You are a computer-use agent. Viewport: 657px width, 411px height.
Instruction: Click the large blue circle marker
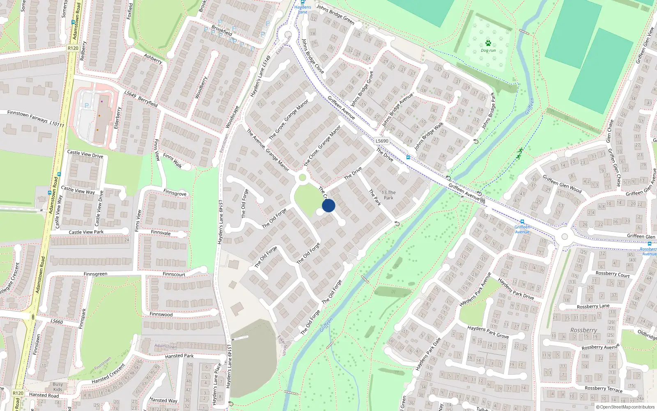328,205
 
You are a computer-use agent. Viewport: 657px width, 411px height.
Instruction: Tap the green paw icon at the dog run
488,43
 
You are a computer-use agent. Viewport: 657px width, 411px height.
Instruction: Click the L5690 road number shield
382,141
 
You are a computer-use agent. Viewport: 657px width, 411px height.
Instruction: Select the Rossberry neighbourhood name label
583,330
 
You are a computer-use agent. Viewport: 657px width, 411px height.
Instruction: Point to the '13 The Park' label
388,195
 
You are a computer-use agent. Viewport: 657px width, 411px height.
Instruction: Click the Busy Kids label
58,387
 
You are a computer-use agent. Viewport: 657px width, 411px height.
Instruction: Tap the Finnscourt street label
174,274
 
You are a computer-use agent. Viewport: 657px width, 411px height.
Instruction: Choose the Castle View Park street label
86,232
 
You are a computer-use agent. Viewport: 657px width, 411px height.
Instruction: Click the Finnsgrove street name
175,193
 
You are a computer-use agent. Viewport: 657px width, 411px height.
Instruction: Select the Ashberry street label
153,59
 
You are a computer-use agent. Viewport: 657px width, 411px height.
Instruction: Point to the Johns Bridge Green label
335,14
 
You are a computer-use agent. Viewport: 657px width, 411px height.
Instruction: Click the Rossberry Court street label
612,274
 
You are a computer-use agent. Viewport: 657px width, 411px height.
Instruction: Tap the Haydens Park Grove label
488,332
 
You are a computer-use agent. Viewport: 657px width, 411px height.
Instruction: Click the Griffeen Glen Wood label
562,184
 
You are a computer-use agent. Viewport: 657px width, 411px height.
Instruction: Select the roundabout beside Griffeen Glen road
565,237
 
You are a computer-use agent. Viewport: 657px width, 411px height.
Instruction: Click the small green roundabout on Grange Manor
303,178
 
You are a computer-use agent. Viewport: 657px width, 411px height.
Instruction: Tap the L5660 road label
57,321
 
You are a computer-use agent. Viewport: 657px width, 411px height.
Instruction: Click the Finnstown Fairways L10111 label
36,118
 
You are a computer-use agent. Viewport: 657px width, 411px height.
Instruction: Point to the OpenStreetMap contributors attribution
625,407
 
